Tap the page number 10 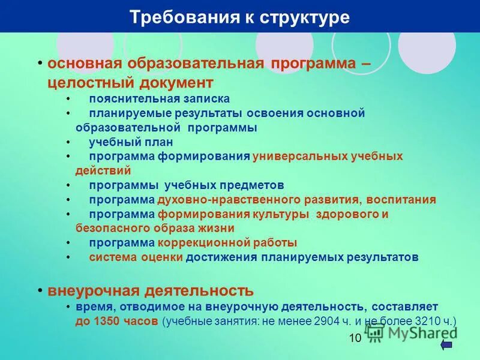[x=355, y=338]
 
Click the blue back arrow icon [x=446, y=344]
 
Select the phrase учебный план [x=131, y=142]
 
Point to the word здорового [x=344, y=214]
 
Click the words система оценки [x=136, y=257]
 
